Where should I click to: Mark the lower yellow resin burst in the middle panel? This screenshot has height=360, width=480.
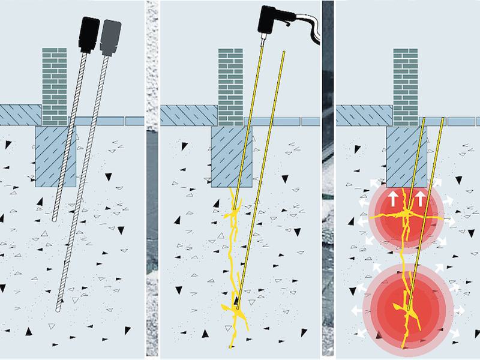234,308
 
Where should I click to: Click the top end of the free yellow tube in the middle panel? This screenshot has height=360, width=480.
283,53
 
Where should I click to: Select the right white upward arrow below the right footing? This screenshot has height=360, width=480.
419,199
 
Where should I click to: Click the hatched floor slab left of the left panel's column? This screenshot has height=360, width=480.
21,114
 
